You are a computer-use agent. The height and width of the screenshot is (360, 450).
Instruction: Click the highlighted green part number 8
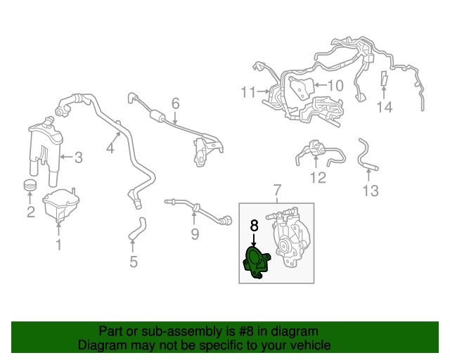(x=256, y=263)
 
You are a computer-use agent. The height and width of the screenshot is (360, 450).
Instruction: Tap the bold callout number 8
(x=255, y=226)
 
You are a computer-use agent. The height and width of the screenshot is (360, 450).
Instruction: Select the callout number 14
(x=384, y=108)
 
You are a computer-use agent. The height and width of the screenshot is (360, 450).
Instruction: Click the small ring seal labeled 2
(x=30, y=185)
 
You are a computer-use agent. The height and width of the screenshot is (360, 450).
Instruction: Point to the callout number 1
(x=59, y=244)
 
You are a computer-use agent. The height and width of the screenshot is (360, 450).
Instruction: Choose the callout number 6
(x=175, y=103)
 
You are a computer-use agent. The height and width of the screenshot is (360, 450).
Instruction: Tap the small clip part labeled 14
(x=384, y=78)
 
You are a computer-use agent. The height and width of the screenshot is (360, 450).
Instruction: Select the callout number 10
(x=335, y=85)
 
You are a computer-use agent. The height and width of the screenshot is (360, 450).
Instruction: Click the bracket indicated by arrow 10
(x=302, y=88)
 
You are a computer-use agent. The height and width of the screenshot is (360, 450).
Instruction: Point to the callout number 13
(x=371, y=191)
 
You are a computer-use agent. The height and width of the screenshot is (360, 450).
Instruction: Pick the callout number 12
(x=318, y=177)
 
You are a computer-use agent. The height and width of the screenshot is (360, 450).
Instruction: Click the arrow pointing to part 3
(x=65, y=157)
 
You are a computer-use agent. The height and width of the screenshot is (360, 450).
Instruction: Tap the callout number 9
(x=195, y=234)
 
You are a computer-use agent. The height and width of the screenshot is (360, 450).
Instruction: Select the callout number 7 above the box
(x=277, y=190)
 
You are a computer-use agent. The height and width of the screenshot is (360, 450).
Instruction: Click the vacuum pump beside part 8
(x=289, y=238)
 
